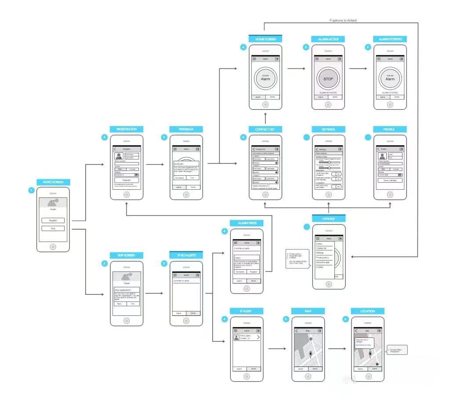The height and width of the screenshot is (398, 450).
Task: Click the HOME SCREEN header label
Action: coord(265,39)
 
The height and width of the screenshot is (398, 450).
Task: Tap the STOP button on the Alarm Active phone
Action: coord(328,79)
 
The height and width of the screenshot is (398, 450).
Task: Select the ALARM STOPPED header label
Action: coord(390,39)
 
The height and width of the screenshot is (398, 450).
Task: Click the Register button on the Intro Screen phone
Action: coord(53,220)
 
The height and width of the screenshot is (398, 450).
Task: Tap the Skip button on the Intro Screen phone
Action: coord(53,228)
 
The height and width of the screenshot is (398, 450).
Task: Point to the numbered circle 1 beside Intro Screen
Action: coord(31,190)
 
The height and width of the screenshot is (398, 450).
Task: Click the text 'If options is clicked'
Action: coord(343,20)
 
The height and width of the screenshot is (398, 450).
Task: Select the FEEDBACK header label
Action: coord(186,129)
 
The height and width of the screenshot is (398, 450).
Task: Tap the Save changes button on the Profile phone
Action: coord(390,180)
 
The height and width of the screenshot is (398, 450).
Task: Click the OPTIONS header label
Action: coord(328,219)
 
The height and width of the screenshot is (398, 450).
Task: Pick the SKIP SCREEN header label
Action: coord(127,255)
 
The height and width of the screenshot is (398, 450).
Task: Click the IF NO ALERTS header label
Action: coord(186,255)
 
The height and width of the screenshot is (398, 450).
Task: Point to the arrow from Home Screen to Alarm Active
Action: coord(296,69)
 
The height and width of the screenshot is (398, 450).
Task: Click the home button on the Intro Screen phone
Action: coord(53,247)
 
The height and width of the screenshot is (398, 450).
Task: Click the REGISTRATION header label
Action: coord(127,129)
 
